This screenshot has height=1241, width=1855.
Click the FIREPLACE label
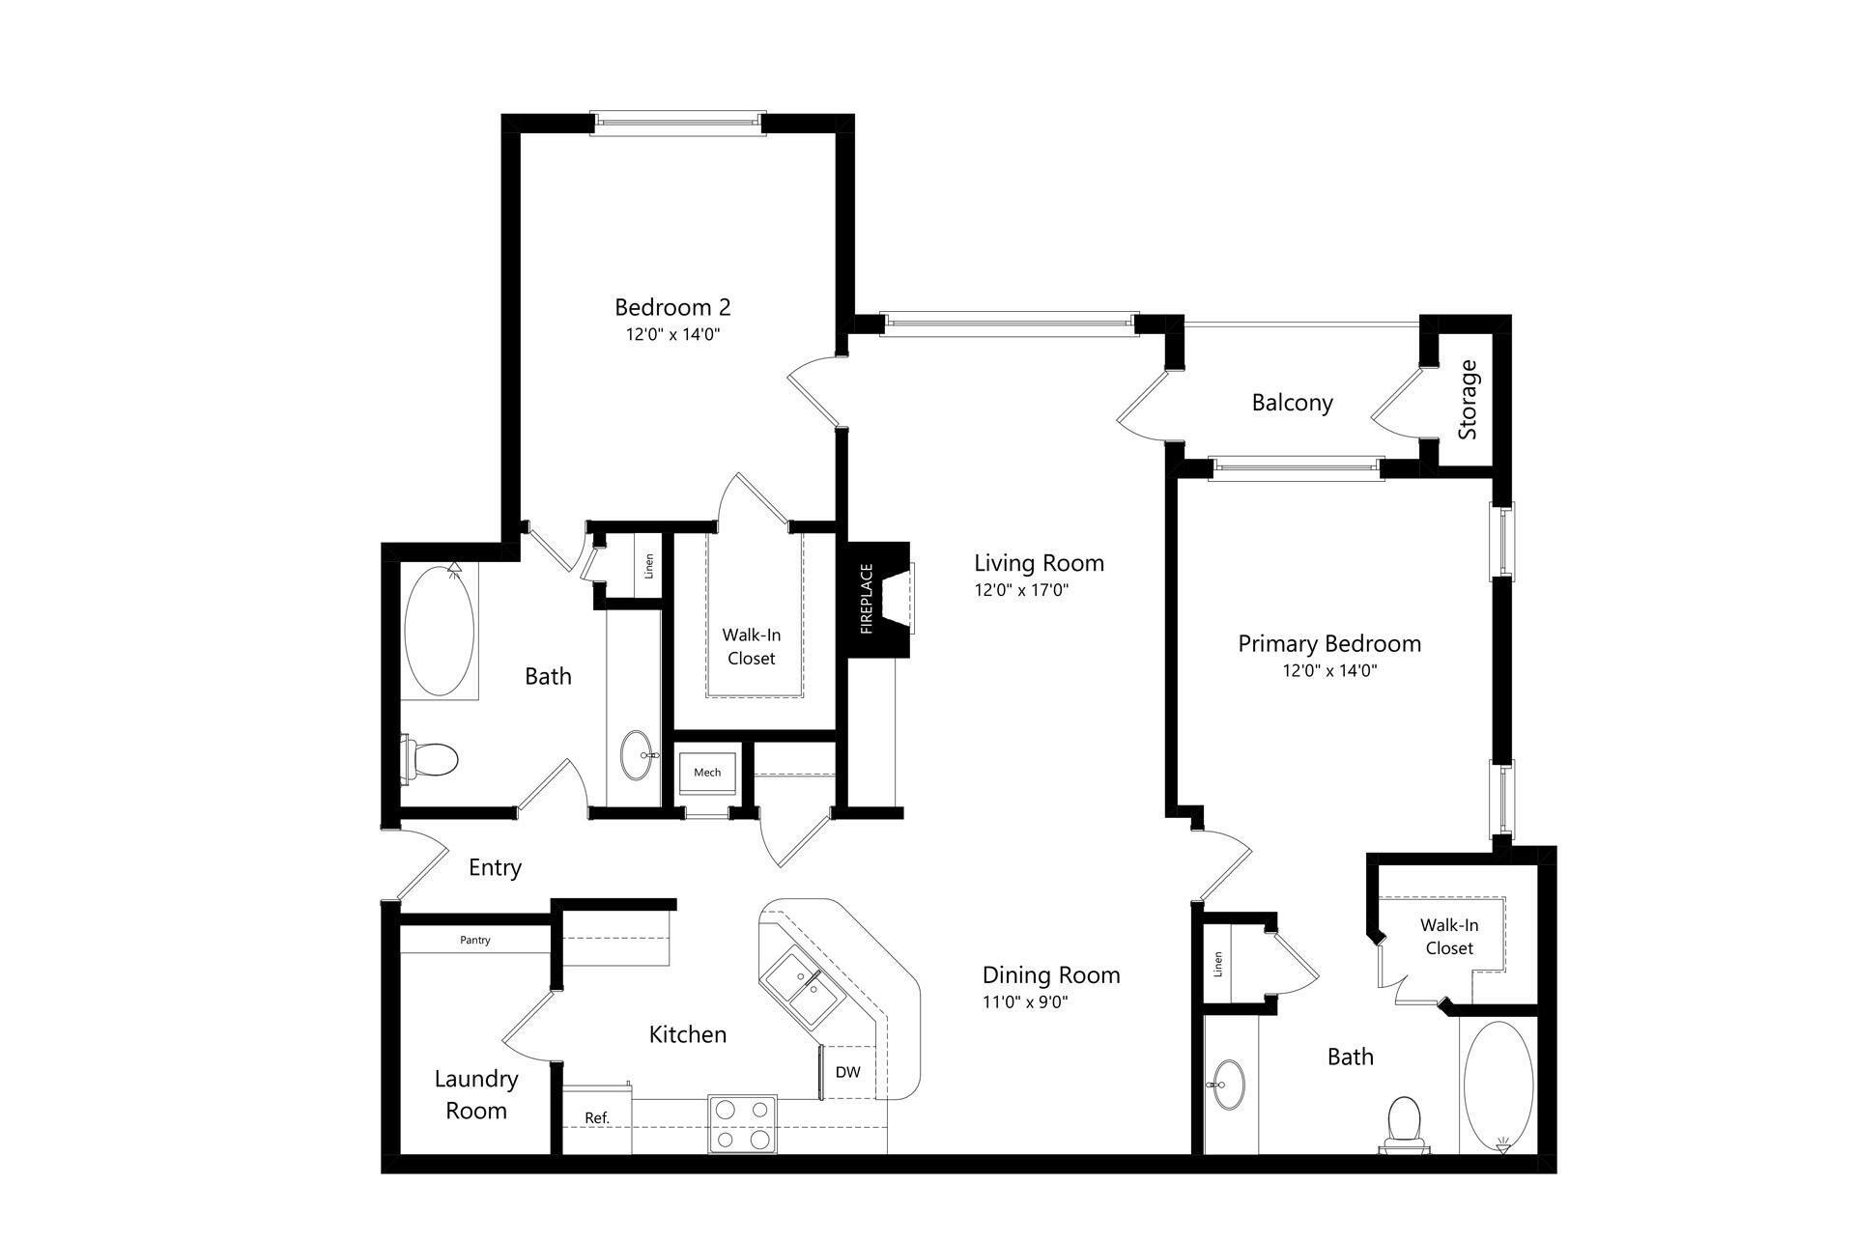[x=867, y=599]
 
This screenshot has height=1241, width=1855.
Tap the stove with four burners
[x=743, y=1123]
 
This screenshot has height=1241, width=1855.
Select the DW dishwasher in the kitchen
[x=847, y=1072]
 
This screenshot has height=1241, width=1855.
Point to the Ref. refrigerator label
[x=597, y=1117]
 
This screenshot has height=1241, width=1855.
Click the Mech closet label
[x=707, y=772]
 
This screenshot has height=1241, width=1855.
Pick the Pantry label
[x=475, y=940]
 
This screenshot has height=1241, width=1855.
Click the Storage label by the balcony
[x=1468, y=400]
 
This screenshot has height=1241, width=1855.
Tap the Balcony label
[x=1292, y=403]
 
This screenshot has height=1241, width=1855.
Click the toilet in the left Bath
[x=430, y=758]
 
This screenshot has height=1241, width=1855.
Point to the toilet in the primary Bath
[x=1405, y=1124]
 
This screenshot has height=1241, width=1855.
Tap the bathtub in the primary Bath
[x=1498, y=1086]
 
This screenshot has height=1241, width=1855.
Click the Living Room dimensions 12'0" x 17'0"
[x=1021, y=590]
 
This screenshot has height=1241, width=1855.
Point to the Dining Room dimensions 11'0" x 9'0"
[x=1025, y=1002]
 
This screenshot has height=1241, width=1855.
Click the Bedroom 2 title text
[x=672, y=307]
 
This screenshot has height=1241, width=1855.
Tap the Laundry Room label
[x=476, y=1094]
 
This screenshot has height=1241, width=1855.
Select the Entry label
[x=495, y=867]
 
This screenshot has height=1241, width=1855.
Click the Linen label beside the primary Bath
[x=1218, y=964]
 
